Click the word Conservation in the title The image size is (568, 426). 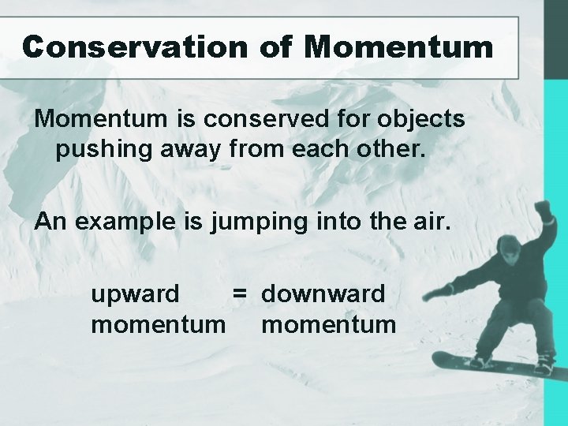135,47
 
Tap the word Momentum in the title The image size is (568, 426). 398,47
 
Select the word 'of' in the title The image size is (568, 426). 275,47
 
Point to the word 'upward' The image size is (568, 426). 135,294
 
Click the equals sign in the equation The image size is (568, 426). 239,294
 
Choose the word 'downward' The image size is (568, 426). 323,294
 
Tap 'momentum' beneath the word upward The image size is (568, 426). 158,324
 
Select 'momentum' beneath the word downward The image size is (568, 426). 328,324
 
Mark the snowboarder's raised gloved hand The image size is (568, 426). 543,211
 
